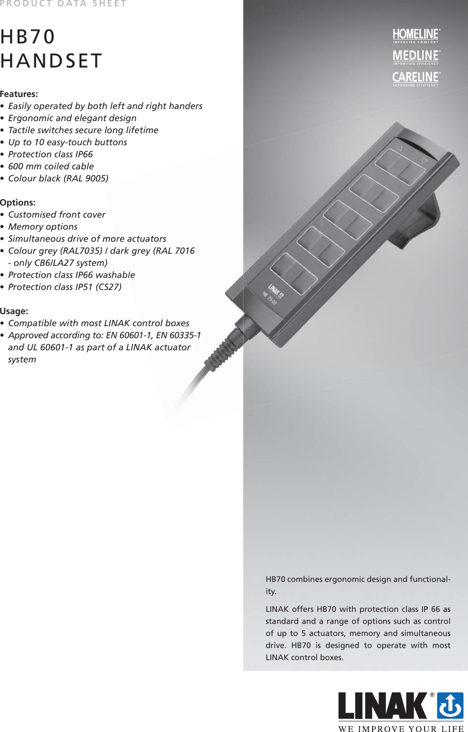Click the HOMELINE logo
tap(416, 35)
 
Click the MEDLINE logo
tap(416, 56)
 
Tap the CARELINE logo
tap(416, 78)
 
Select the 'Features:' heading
tap(19, 94)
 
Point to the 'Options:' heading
tap(18, 203)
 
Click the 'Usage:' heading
tap(14, 311)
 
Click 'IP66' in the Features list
tap(84, 154)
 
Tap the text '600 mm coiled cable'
tap(51, 166)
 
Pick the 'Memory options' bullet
tap(43, 227)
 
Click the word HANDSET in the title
tap(51, 61)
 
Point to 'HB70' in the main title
tap(28, 37)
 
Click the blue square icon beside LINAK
tap(450, 705)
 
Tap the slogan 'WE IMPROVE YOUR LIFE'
tap(401, 729)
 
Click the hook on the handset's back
tap(424, 222)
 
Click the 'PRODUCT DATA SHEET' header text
tap(63, 4)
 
